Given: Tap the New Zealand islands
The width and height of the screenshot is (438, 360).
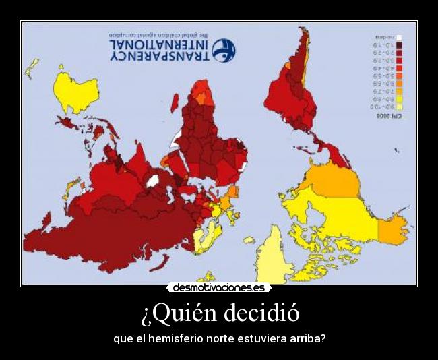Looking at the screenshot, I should click(31, 67).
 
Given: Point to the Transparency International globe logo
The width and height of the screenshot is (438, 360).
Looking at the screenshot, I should click(224, 50).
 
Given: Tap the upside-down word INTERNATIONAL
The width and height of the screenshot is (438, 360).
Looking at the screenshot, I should click(159, 44).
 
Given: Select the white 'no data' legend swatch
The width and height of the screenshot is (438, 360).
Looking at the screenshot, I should click(398, 38).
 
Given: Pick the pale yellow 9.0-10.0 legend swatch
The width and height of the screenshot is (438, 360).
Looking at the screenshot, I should click(398, 107).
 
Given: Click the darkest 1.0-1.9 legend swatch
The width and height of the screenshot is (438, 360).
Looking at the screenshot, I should click(398, 45).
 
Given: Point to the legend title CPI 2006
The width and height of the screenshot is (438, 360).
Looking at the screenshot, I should click(387, 116).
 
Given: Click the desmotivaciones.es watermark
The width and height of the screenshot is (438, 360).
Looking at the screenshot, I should click(218, 287).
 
